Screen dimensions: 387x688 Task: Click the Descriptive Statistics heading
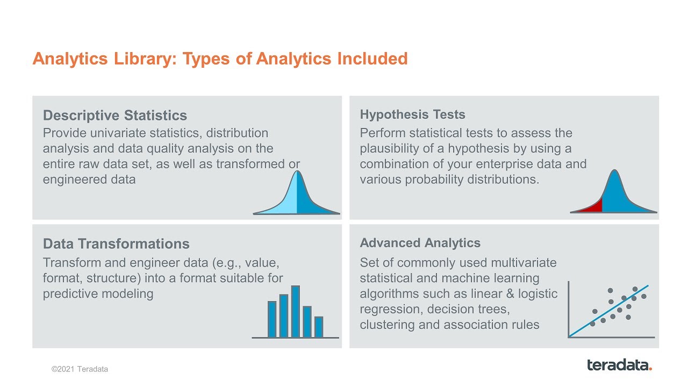click(115, 116)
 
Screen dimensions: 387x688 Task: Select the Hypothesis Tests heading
click(412, 114)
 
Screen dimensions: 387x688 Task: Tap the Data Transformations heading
click(116, 244)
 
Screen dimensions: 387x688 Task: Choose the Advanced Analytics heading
click(420, 243)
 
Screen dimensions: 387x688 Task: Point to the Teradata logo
click(619, 365)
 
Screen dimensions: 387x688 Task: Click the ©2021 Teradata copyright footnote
click(80, 369)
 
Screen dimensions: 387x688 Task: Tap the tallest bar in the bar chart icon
click(295, 311)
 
